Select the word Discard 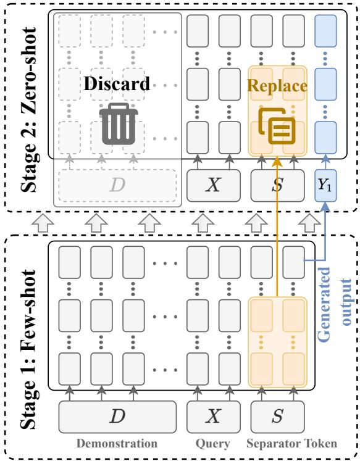pyautogui.click(x=118, y=83)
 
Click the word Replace pyautogui.click(x=278, y=85)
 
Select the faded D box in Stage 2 pyautogui.click(x=117, y=185)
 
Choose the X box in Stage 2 pyautogui.click(x=212, y=185)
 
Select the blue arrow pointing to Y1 pyautogui.click(x=326, y=235)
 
